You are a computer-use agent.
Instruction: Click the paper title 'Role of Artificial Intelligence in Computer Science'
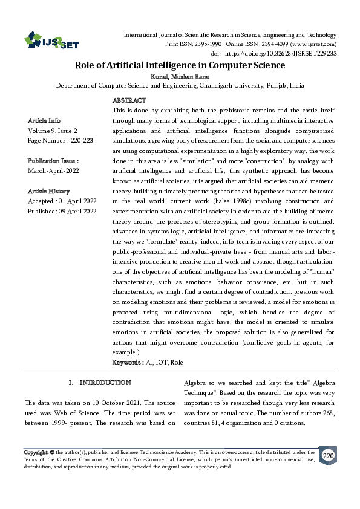pos(180,65)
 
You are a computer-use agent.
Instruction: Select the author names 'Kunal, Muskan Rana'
pos(180,77)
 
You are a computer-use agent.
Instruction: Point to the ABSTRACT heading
pos(129,100)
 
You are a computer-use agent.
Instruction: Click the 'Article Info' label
pos(44,120)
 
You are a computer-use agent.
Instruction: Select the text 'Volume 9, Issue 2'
pos(53,130)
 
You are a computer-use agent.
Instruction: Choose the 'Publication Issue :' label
pos(53,161)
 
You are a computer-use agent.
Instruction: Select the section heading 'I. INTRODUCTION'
pos(100,383)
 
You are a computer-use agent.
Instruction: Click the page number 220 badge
pos(327,455)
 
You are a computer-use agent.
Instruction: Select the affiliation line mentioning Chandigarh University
pos(180,86)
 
